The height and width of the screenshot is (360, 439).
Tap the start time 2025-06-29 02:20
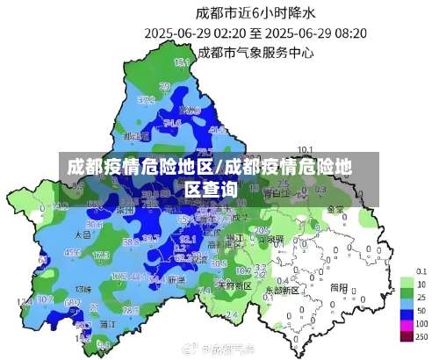(195, 33)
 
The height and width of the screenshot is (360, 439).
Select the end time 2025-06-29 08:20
(316, 33)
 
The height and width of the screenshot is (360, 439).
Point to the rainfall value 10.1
(306, 149)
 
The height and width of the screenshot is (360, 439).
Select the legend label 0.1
(421, 270)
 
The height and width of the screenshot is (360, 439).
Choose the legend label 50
(421, 312)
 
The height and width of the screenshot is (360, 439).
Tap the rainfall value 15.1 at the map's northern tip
(182, 62)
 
